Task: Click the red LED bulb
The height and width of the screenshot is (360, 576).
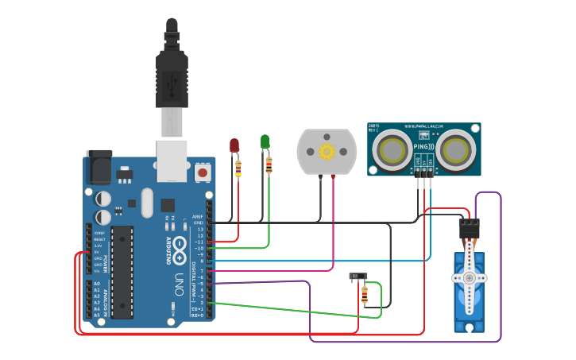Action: coord(234,145)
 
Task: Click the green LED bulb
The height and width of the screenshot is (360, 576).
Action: coord(265,141)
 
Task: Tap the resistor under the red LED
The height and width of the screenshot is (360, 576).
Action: coord(238,168)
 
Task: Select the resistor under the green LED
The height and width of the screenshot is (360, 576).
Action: coord(269,165)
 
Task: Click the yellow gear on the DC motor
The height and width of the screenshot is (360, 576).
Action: coord(327,151)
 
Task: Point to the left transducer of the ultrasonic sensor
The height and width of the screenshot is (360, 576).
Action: coord(392,149)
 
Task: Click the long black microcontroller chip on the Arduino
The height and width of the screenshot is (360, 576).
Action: coord(122,271)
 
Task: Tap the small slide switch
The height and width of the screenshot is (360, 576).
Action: coord(358,277)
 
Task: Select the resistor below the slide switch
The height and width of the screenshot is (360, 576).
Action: coord(365,296)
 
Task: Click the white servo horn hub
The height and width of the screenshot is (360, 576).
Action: coord(469,278)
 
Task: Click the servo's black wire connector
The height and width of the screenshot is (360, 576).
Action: coord(470,229)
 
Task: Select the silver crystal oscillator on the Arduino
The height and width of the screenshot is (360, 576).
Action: coord(147,203)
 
